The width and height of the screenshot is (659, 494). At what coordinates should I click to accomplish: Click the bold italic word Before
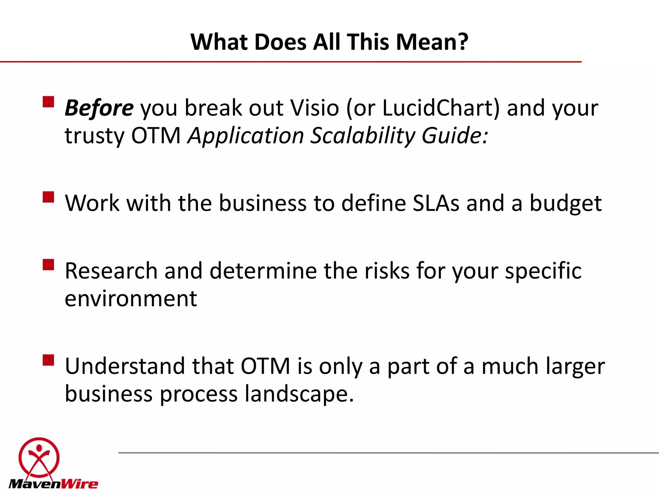pyautogui.click(x=99, y=108)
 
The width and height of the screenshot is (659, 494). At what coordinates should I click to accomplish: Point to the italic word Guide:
pyautogui.click(x=455, y=136)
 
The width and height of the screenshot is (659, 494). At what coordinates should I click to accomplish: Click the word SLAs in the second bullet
pyautogui.click(x=436, y=203)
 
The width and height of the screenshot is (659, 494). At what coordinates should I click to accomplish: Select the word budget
pyautogui.click(x=565, y=204)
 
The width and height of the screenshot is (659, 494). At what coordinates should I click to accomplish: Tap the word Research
pyautogui.click(x=111, y=271)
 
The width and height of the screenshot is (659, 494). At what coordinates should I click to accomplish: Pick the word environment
pyautogui.click(x=131, y=299)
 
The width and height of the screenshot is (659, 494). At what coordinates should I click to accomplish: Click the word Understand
pyautogui.click(x=125, y=366)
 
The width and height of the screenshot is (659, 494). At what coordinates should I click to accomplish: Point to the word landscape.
pyautogui.click(x=299, y=394)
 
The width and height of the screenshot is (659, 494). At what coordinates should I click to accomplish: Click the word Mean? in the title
pyautogui.click(x=432, y=42)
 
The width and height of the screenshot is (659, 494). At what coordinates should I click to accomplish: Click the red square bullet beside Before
pyautogui.click(x=48, y=102)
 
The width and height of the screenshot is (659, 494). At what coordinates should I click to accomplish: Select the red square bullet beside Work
pyautogui.click(x=48, y=197)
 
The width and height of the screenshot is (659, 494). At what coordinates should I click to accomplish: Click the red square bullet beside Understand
pyautogui.click(x=48, y=360)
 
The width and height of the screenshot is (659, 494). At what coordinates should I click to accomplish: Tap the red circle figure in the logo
pyautogui.click(x=39, y=457)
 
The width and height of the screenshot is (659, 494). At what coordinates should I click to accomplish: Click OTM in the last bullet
pyautogui.click(x=265, y=366)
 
